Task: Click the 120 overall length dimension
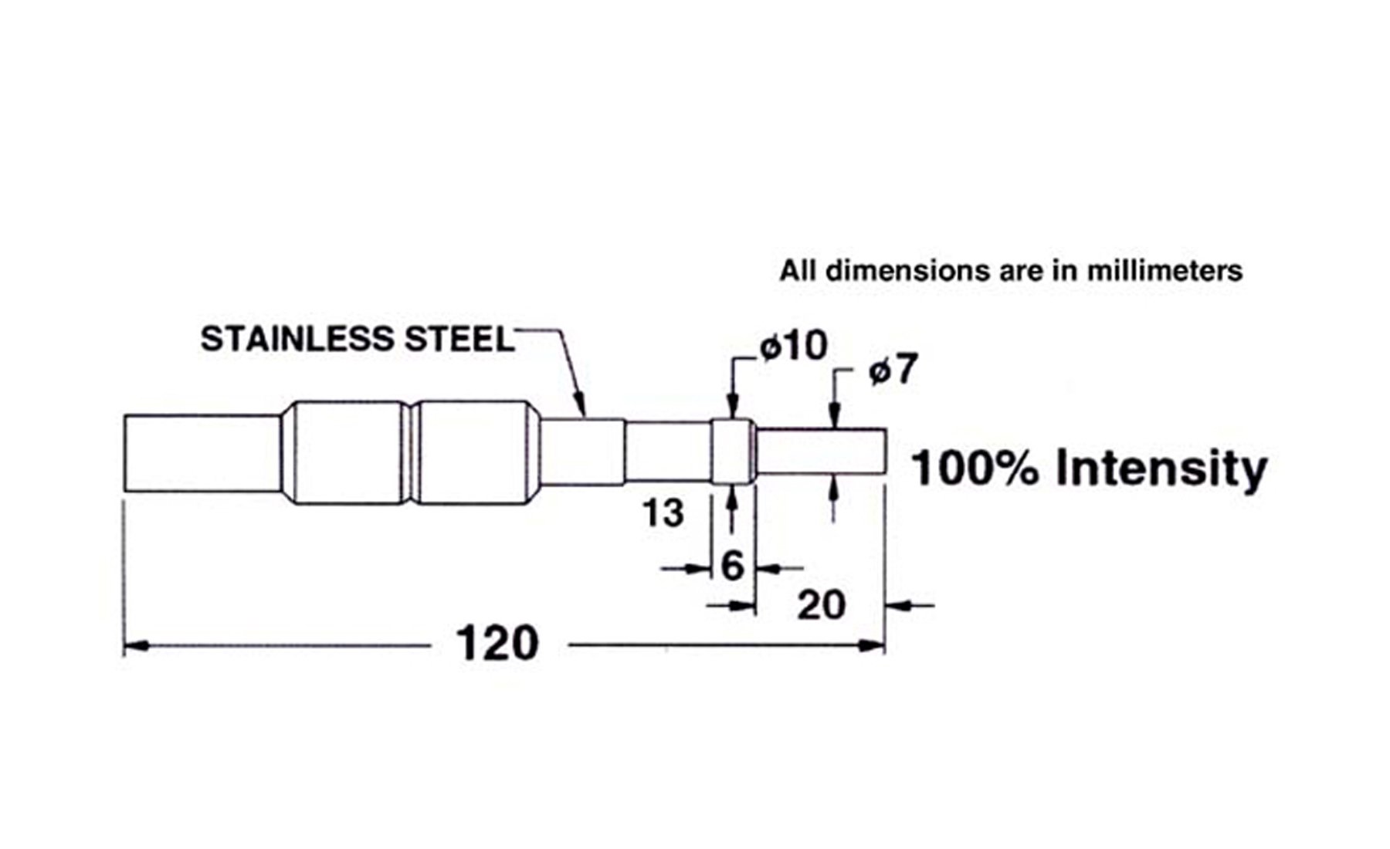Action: pyautogui.click(x=497, y=643)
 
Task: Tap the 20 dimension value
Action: pyautogui.click(x=821, y=604)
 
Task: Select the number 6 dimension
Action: pyautogui.click(x=732, y=566)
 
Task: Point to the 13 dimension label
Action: pyautogui.click(x=663, y=513)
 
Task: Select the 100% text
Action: pyautogui.click(x=975, y=468)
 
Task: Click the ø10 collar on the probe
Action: pyautogui.click(x=731, y=452)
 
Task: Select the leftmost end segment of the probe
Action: pyautogui.click(x=201, y=453)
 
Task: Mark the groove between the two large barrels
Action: pyautogui.click(x=411, y=453)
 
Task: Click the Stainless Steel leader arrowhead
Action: pyautogui.click(x=583, y=409)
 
